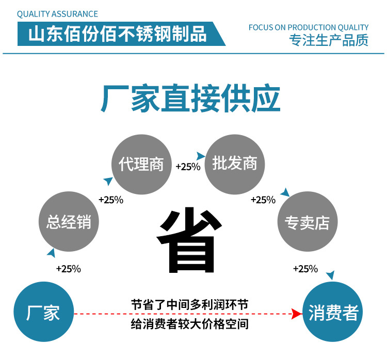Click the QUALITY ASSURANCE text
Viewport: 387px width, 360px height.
[57, 14]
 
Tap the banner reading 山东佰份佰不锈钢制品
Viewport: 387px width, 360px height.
[118, 34]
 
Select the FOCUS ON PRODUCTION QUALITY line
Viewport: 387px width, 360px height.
[309, 27]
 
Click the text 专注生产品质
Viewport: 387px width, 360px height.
[329, 40]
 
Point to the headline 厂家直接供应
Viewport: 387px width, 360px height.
[191, 99]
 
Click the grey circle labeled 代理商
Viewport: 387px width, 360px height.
[141, 164]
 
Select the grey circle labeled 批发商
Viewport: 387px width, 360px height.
[234, 163]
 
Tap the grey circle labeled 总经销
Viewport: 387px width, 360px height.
[69, 222]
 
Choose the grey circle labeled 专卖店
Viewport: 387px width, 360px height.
[307, 222]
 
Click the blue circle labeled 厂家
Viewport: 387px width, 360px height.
[43, 313]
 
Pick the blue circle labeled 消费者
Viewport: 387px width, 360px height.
[333, 313]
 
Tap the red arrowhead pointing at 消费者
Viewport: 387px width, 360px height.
[296, 314]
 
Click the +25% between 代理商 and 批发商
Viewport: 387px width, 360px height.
[188, 167]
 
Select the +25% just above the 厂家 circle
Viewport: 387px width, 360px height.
[68, 269]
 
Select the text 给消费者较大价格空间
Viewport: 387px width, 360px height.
[189, 324]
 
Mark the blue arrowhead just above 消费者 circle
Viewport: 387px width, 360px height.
[330, 275]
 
